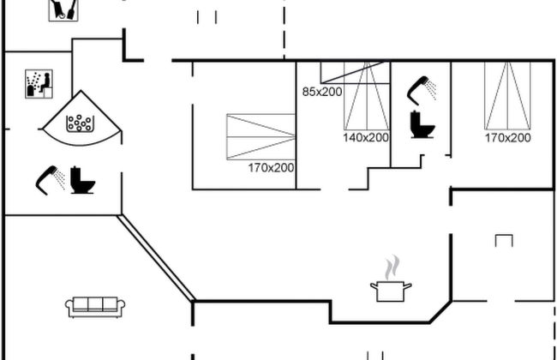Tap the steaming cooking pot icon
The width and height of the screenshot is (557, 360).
click(391, 289)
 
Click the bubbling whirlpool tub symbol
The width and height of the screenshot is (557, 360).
click(82, 121)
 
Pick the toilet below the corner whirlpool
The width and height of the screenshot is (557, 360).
click(82, 180)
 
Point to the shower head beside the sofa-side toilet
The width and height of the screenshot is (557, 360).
click(49, 177)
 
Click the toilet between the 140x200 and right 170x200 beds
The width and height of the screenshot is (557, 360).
click(422, 125)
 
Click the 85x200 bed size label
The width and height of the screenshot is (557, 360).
click(322, 91)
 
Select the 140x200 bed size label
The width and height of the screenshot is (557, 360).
click(366, 137)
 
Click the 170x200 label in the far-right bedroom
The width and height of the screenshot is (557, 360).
click(507, 137)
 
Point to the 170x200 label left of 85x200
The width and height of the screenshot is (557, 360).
click(271, 168)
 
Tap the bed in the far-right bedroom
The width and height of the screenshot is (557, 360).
click(507, 94)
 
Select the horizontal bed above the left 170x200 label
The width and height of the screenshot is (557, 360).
click(261, 136)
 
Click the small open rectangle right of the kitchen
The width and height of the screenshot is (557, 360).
click(504, 240)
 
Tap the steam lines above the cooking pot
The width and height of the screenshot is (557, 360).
click(392, 266)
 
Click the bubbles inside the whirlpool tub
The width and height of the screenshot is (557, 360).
click(80, 123)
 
